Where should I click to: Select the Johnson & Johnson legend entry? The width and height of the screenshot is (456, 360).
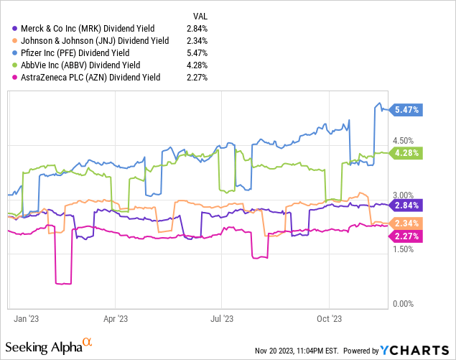pyautogui.click(x=96, y=41)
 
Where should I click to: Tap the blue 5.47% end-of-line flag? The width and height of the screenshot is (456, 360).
pyautogui.click(x=407, y=110)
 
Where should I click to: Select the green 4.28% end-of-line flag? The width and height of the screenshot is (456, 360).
pyautogui.click(x=407, y=152)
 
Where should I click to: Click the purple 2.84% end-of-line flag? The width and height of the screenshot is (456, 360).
pyautogui.click(x=407, y=205)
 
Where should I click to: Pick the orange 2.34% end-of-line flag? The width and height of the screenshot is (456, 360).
pyautogui.click(x=407, y=223)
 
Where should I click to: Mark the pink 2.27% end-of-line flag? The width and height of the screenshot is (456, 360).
pyautogui.click(x=407, y=235)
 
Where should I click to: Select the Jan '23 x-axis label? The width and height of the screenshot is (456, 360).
pyautogui.click(x=27, y=317)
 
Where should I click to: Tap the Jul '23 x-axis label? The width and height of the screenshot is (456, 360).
pyautogui.click(x=222, y=317)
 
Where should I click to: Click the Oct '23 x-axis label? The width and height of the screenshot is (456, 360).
pyautogui.click(x=328, y=317)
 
